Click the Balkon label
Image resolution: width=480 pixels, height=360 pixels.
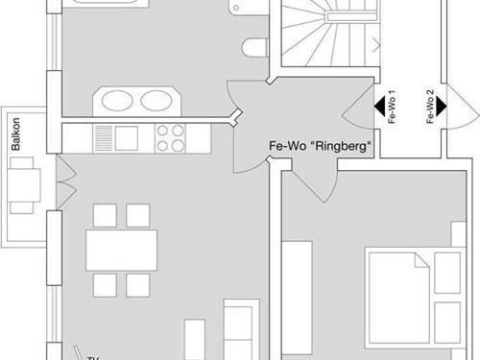[15, 134]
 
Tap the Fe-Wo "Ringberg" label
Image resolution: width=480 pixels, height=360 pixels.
[321, 146]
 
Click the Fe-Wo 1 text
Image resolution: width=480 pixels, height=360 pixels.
[392, 107]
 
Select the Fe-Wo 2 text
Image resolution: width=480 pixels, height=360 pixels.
[430, 107]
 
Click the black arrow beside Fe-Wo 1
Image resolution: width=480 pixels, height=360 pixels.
[379, 107]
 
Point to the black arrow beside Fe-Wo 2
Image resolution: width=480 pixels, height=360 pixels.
[442, 107]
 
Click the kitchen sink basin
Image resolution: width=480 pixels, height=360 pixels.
[127, 138]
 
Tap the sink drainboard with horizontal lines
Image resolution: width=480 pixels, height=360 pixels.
[103, 138]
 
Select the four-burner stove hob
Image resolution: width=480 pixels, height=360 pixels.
[170, 138]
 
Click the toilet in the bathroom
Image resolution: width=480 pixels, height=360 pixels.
[255, 48]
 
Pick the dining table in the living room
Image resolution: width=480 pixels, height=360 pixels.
[121, 251]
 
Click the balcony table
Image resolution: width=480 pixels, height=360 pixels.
[24, 185]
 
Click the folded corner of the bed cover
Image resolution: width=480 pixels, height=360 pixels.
[421, 260]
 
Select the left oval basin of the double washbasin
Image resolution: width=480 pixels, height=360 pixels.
[117, 101]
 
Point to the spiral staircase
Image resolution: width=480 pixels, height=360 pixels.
[329, 34]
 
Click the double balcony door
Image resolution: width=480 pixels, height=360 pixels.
[66, 181]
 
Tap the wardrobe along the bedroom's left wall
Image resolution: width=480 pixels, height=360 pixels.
[297, 298]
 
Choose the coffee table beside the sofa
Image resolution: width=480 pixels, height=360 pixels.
[195, 339]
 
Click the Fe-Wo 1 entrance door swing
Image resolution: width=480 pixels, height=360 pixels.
[358, 107]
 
